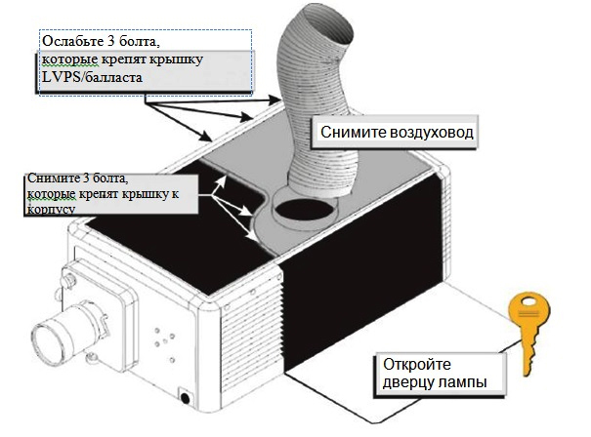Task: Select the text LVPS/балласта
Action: click(93, 77)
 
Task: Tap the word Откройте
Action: click(416, 365)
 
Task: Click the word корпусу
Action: click(51, 210)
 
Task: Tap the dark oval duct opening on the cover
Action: click(305, 208)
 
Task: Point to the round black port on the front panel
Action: click(185, 398)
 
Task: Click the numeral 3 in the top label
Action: click(110, 41)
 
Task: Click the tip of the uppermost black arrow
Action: click(279, 99)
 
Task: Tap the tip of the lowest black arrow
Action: click(211, 139)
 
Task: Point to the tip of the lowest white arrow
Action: click(256, 240)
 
